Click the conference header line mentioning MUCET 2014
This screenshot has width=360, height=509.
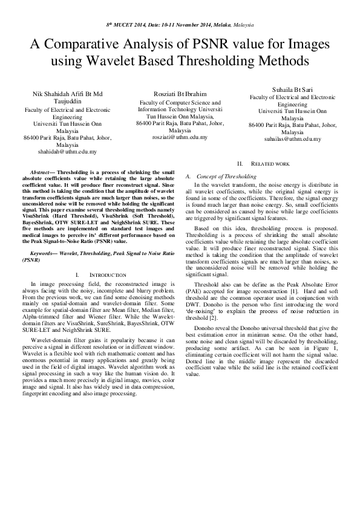[x=180, y=25]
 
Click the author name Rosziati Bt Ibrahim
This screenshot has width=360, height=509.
[x=179, y=94]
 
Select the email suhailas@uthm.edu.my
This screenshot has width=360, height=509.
[x=292, y=139]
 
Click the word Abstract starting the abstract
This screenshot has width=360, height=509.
[x=39, y=172]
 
